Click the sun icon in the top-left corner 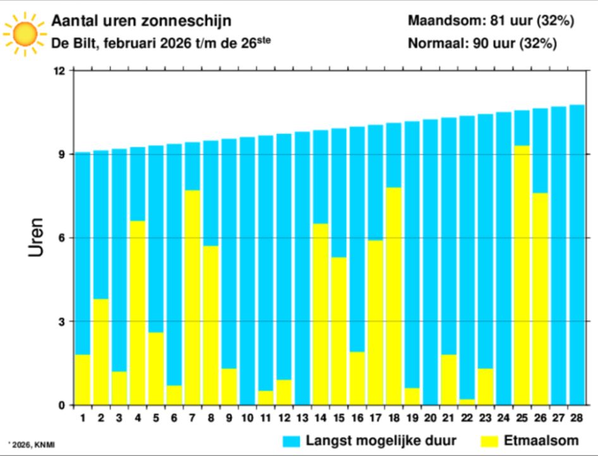[x=24, y=32]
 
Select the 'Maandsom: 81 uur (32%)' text [x=491, y=21]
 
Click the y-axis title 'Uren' [x=37, y=238]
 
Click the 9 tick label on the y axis [x=62, y=154]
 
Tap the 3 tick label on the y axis [x=62, y=321]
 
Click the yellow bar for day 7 [x=192, y=297]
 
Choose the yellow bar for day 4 [x=137, y=312]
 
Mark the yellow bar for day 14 [x=320, y=314]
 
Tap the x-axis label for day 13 [x=302, y=418]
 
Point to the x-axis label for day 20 [x=430, y=418]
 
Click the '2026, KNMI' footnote [x=32, y=445]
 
